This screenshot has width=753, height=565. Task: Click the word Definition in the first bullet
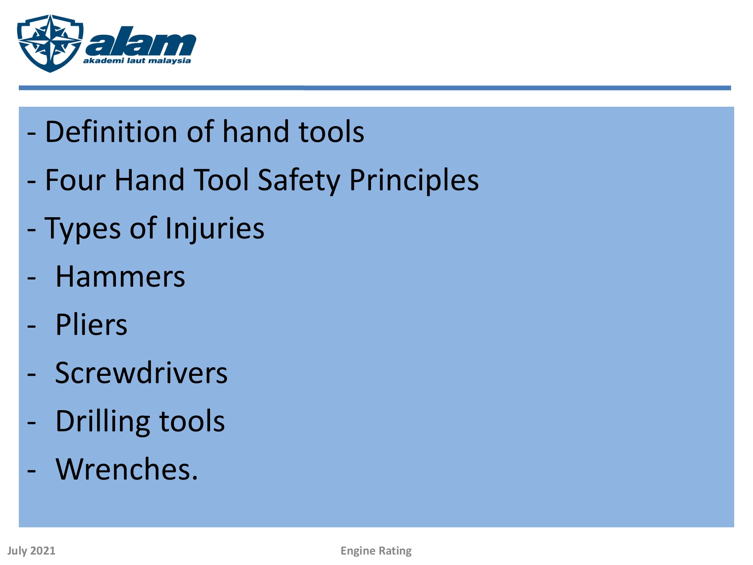tap(112, 131)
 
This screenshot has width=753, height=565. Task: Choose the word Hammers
tap(120, 277)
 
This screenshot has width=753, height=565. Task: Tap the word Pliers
tap(91, 325)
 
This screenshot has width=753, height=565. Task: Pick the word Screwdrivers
tap(141, 373)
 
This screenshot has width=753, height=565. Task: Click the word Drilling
tap(103, 422)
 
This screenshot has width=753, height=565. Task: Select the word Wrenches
tap(127, 469)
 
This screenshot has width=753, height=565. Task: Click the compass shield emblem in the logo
tap(50, 43)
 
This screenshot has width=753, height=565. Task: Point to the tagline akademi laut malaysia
tap(137, 61)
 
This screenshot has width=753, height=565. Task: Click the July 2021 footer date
tap(31, 551)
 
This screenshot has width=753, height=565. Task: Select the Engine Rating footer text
tap(376, 551)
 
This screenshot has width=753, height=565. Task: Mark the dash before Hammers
tap(31, 278)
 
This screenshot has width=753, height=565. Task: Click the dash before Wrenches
tap(31, 471)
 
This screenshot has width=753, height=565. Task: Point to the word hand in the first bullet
tap(256, 131)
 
